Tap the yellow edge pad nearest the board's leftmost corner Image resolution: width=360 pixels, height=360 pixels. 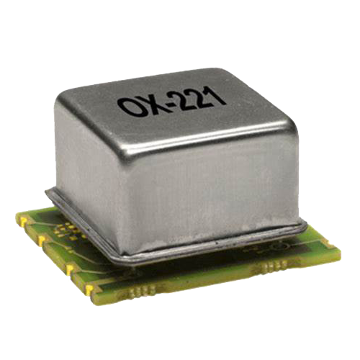[23, 222]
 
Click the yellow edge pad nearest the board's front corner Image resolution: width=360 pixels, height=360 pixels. [90, 289]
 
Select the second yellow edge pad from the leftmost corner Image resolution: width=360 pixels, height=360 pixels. [42, 240]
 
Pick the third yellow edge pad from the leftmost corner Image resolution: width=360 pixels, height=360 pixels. [70, 269]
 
